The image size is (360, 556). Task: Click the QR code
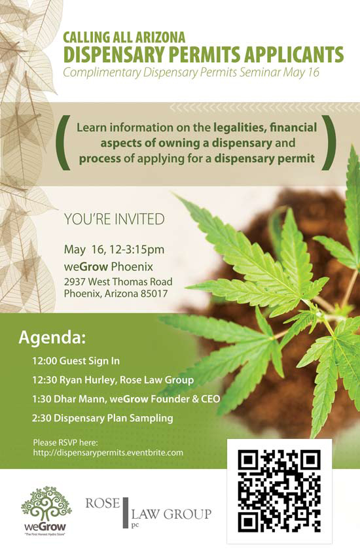click(x=279, y=491)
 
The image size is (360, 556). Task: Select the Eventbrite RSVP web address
click(x=108, y=453)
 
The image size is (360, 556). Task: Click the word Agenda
click(x=52, y=338)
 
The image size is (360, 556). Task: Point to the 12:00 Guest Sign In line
click(x=76, y=361)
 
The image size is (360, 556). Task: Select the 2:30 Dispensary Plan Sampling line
click(x=103, y=418)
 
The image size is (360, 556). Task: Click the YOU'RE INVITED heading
click(x=114, y=219)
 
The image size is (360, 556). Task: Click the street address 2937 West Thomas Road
click(x=118, y=281)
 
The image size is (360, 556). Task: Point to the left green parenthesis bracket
click(x=64, y=142)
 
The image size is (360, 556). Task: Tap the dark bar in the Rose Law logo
click(x=125, y=512)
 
